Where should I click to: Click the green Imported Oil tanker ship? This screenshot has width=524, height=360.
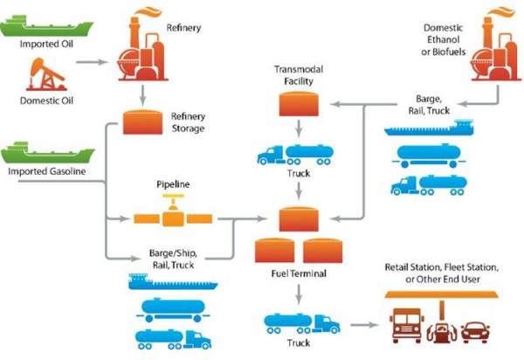[46, 26]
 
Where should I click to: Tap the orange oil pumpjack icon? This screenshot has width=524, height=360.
[46, 74]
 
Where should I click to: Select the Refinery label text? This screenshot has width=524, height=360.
[183, 28]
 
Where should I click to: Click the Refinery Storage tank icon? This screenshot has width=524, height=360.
[142, 122]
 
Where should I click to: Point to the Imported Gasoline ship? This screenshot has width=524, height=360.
[47, 153]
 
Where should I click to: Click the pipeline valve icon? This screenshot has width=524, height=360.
[173, 211]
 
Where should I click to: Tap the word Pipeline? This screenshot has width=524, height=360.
[173, 184]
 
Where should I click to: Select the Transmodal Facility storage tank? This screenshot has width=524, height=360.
[299, 104]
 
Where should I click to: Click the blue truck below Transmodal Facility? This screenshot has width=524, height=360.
[295, 155]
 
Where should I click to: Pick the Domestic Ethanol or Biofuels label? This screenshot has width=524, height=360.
[443, 40]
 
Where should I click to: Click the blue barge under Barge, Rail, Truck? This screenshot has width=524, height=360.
[429, 128]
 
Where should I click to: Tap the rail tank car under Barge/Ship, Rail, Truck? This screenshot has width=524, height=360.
[173, 310]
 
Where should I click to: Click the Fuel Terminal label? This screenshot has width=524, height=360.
[299, 273]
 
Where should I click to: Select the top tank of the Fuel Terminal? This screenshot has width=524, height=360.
[299, 219]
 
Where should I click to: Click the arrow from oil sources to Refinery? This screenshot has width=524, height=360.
[92, 62]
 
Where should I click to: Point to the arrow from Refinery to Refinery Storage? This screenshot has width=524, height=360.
[143, 95]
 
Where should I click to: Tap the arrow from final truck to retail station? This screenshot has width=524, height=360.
[364, 324]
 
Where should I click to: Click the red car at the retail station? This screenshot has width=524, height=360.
[476, 332]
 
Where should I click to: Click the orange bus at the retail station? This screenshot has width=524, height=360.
[407, 325]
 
